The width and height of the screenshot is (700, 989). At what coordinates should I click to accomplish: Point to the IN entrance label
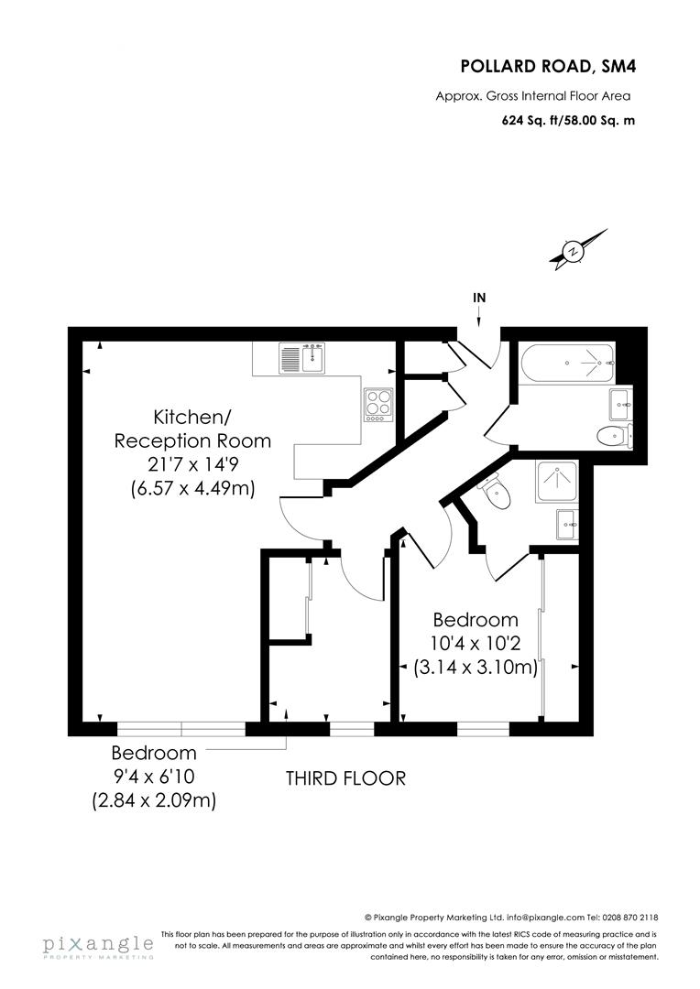[x=479, y=298]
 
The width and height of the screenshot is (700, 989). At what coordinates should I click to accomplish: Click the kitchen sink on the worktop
[x=303, y=357]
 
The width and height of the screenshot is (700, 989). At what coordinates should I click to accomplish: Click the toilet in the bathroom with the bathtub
[x=611, y=435]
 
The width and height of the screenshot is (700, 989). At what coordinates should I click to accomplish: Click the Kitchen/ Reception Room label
[x=192, y=429]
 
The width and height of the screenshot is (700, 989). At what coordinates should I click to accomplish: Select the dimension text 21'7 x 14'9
[x=192, y=465]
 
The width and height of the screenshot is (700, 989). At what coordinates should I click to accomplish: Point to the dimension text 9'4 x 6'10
[x=153, y=777]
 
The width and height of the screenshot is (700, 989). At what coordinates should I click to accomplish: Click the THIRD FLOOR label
[x=345, y=778]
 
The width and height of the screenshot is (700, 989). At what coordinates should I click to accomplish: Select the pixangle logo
[x=97, y=946]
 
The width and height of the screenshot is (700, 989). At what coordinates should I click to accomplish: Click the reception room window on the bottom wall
[x=181, y=729]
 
